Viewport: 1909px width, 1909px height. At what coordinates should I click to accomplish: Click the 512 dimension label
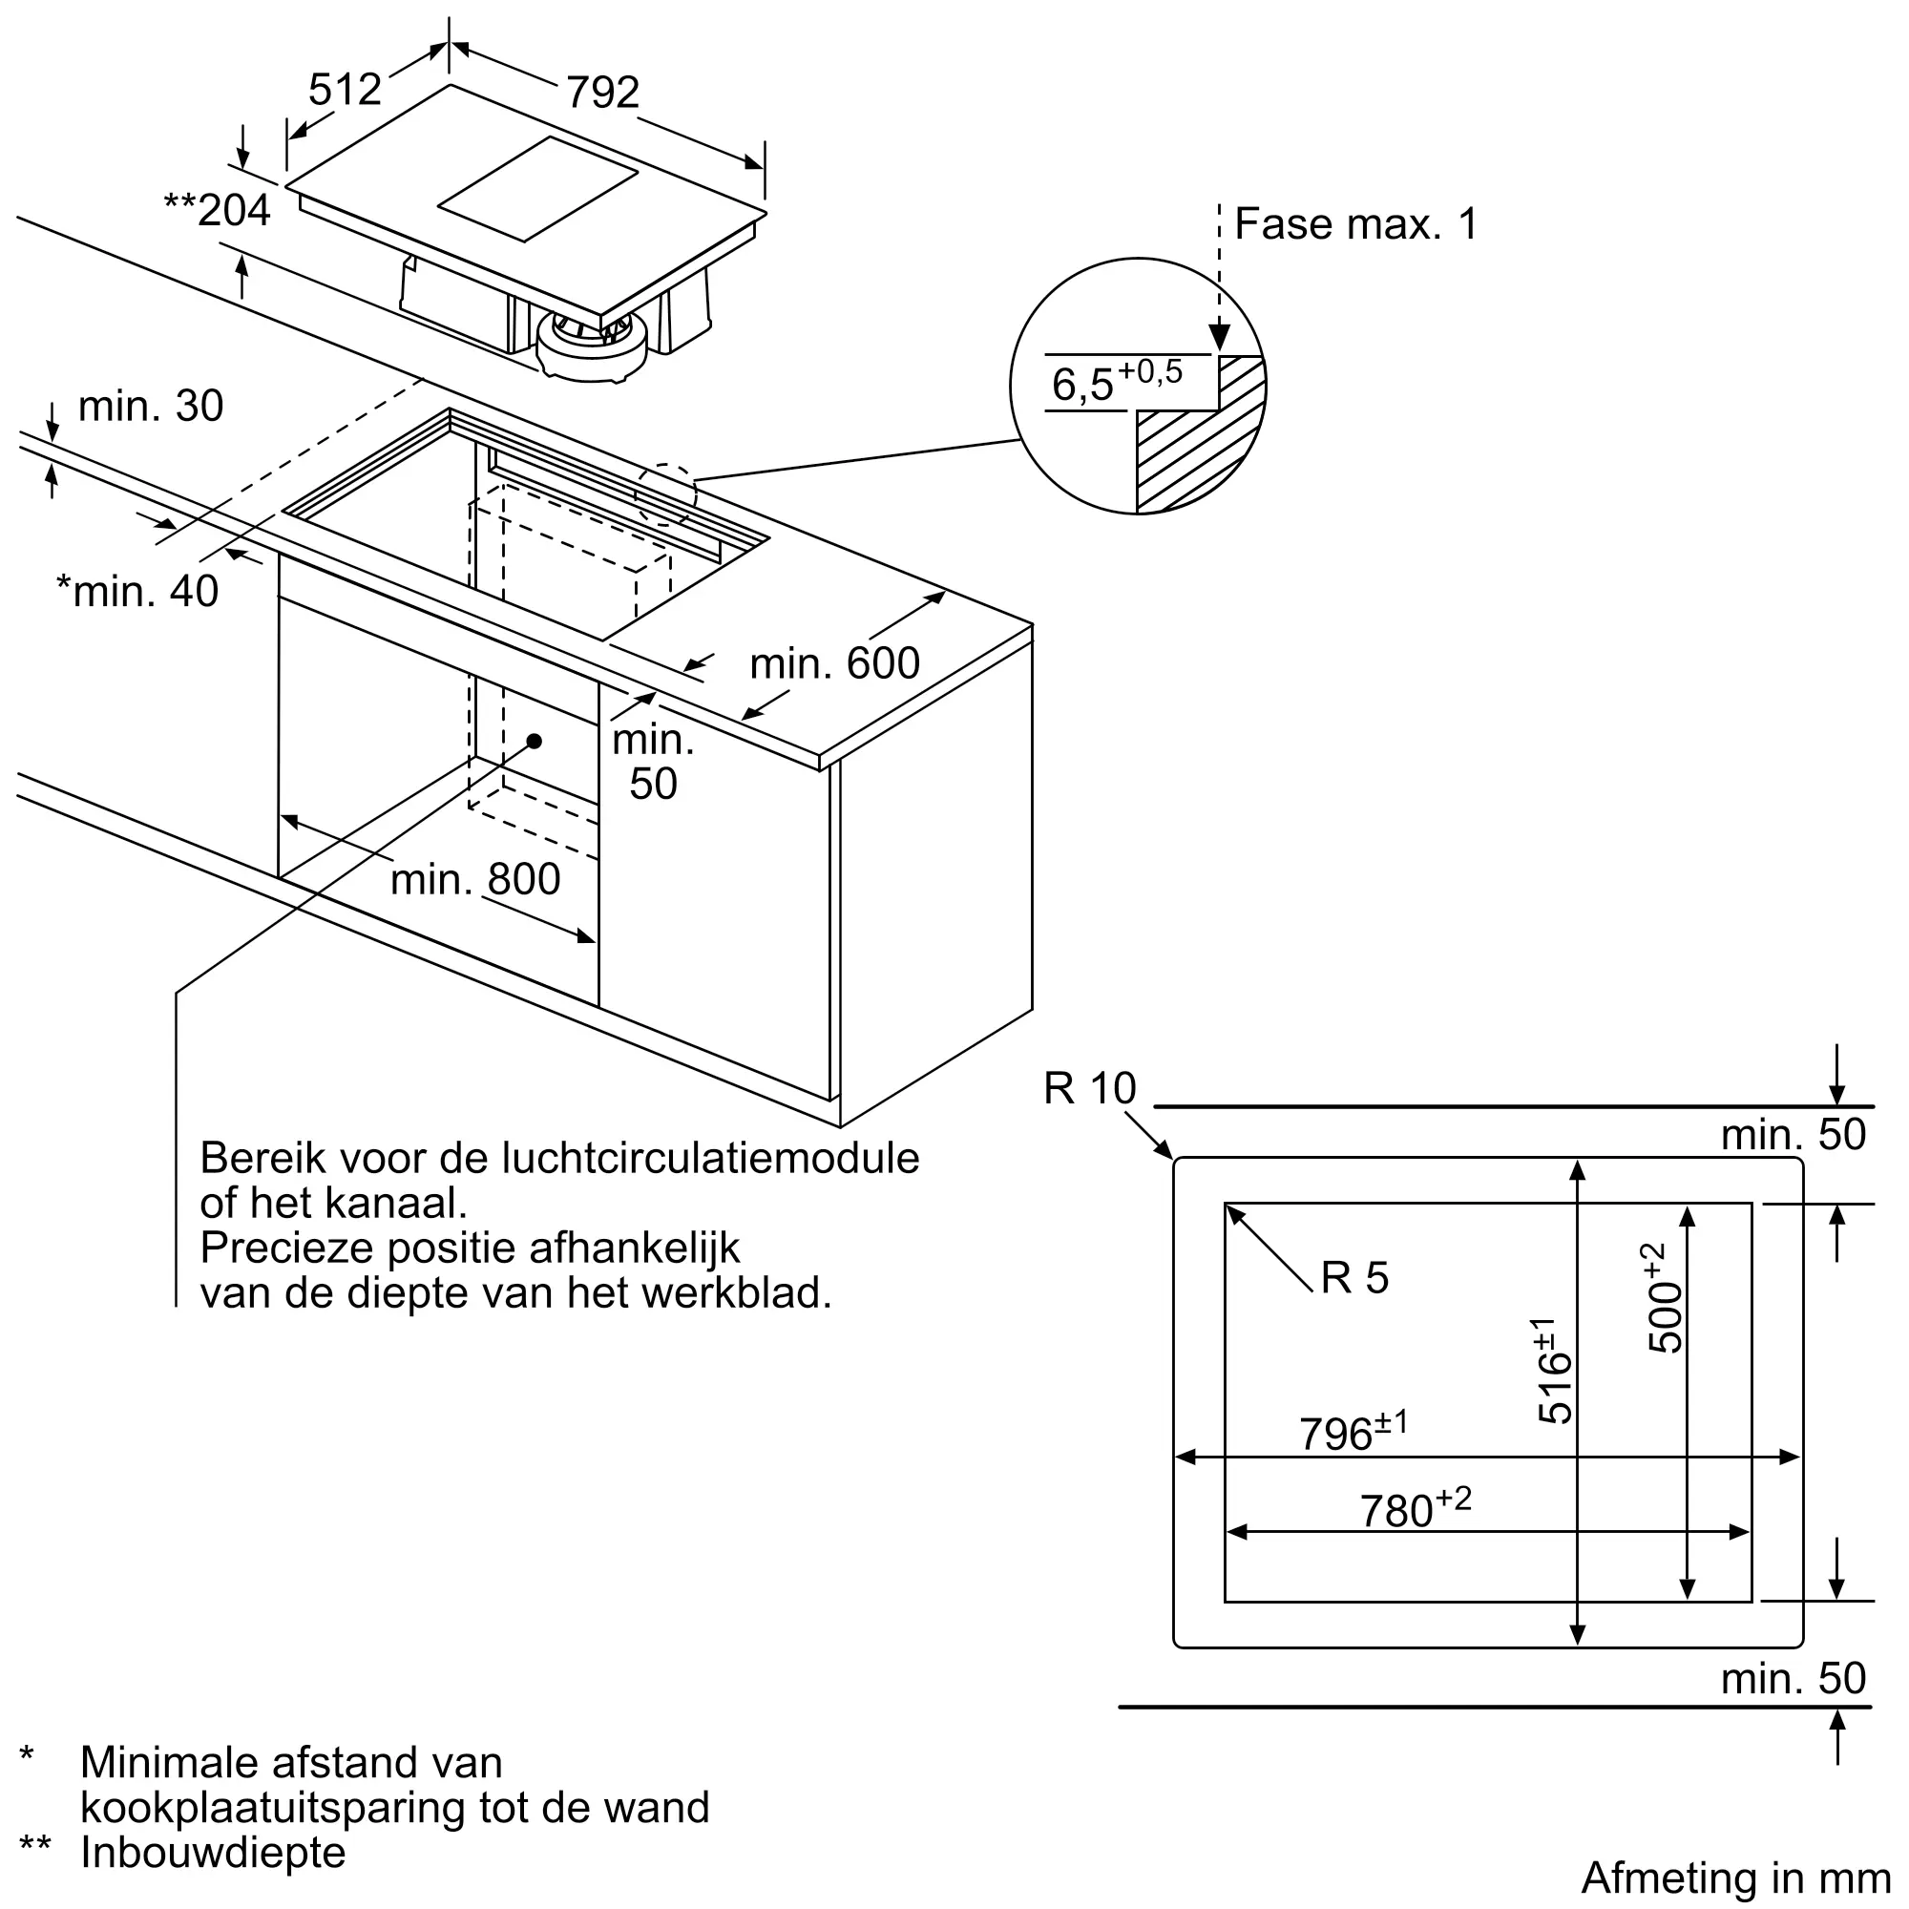click(x=345, y=90)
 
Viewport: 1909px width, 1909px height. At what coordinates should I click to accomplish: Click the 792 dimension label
click(x=601, y=93)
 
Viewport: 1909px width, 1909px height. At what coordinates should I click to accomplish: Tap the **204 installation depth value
click(x=218, y=210)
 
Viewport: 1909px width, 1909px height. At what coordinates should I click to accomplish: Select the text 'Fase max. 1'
click(x=1355, y=224)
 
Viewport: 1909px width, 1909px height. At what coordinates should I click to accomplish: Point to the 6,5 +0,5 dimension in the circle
click(x=1116, y=382)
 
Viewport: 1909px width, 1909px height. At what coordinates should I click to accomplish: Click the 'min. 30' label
click(x=150, y=406)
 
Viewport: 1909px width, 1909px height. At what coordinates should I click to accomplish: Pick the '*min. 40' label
click(x=137, y=592)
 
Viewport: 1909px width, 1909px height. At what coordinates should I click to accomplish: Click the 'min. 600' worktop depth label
click(x=834, y=663)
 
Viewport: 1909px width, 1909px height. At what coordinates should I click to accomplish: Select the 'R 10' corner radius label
click(x=1089, y=1089)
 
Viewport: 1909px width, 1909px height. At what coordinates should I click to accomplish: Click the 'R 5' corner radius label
click(x=1354, y=1278)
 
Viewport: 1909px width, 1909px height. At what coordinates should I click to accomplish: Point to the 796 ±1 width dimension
click(x=1352, y=1432)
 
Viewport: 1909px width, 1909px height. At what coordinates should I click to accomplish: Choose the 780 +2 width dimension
click(x=1415, y=1508)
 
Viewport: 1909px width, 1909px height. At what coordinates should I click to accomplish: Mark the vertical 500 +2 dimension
click(x=1665, y=1298)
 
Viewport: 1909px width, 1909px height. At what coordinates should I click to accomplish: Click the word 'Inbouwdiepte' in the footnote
click(x=213, y=1852)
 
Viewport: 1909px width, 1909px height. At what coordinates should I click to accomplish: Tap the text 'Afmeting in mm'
click(x=1735, y=1878)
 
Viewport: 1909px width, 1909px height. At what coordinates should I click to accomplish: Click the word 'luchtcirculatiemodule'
click(x=710, y=1158)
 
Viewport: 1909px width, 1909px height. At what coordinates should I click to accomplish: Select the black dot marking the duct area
click(x=535, y=741)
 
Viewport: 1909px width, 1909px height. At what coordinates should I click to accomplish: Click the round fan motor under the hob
click(x=591, y=346)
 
